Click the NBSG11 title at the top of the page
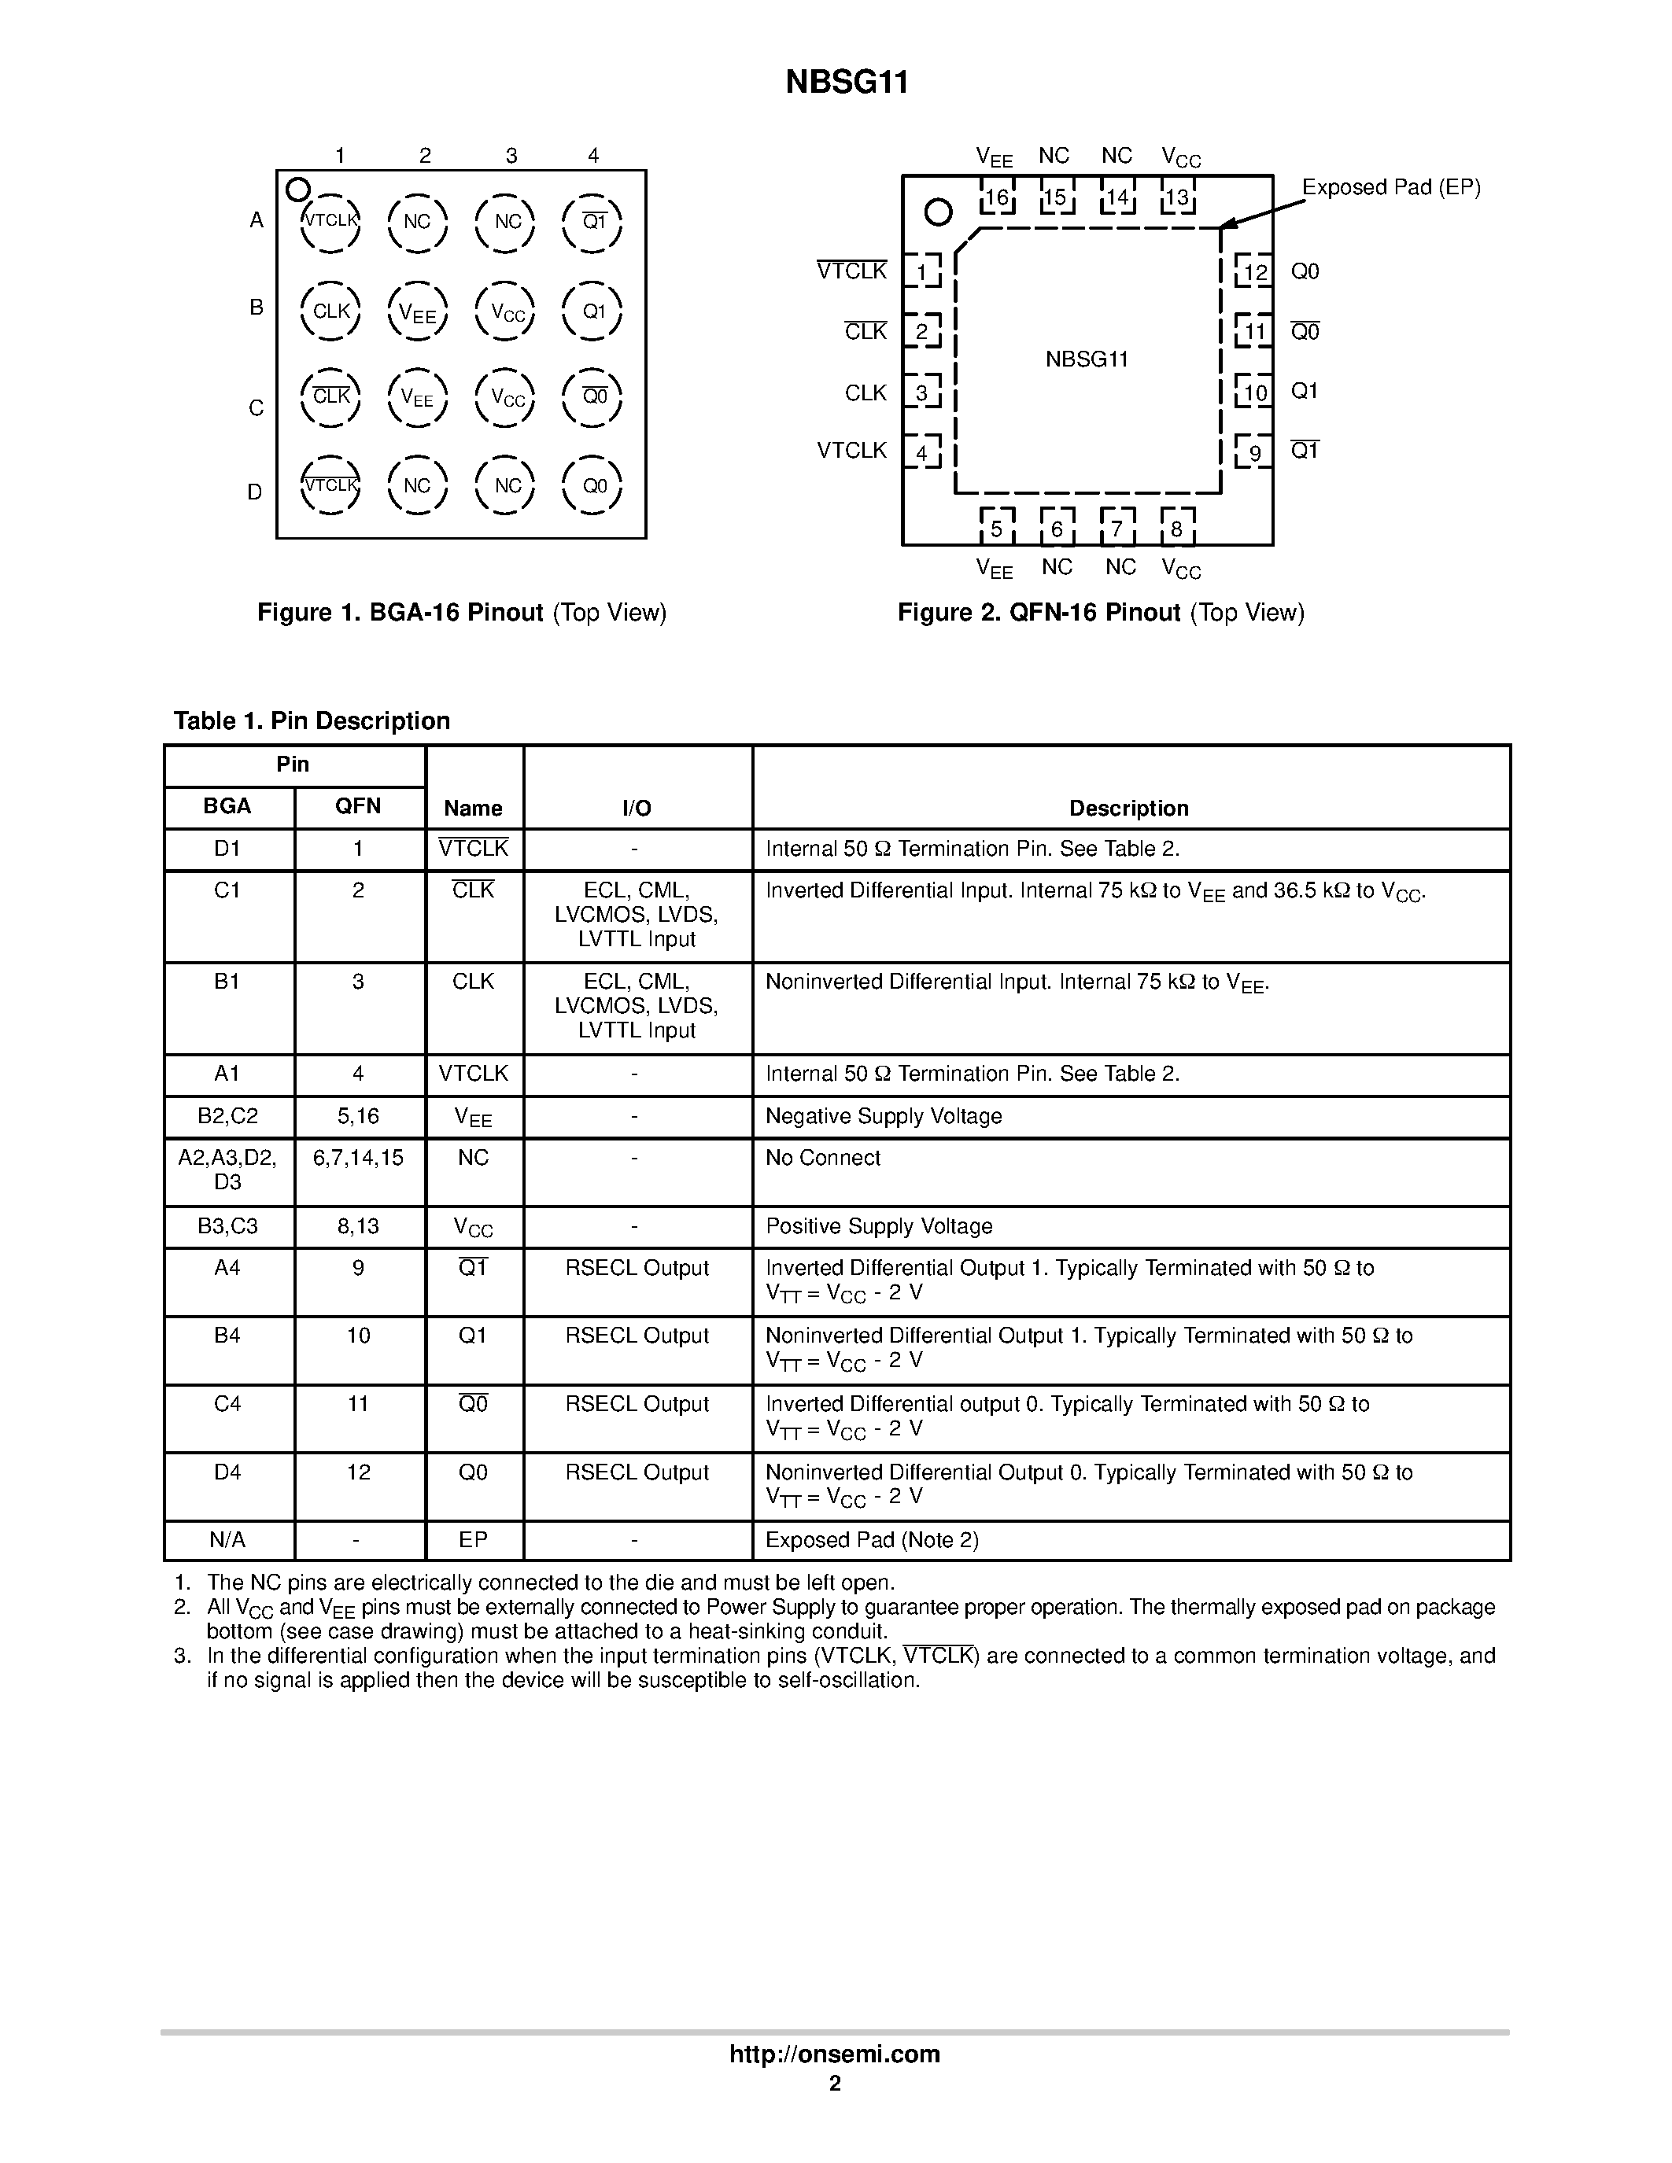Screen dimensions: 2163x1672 [847, 83]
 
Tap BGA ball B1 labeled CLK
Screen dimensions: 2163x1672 [330, 311]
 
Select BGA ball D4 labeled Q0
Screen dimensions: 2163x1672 [592, 486]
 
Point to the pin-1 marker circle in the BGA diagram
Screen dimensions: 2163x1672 [297, 189]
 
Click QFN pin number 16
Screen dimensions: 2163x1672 [996, 197]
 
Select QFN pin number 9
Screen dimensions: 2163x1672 [1254, 452]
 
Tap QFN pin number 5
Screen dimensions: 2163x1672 [996, 529]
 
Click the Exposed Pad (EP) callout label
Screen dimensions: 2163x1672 [1390, 187]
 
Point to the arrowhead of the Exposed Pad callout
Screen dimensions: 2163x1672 [1227, 225]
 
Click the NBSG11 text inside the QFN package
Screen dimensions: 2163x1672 [1087, 359]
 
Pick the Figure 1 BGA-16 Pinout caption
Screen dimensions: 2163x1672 [462, 613]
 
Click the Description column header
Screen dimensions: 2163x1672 [1128, 808]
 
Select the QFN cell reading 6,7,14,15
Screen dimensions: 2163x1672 [359, 1158]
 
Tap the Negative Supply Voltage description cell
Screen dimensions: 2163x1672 [884, 1116]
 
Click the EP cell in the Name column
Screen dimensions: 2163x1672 [474, 1540]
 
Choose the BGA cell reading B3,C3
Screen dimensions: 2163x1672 [228, 1226]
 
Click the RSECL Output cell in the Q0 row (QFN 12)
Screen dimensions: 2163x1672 [637, 1472]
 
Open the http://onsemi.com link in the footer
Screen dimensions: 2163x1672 [835, 2053]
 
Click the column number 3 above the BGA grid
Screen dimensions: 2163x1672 [511, 156]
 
